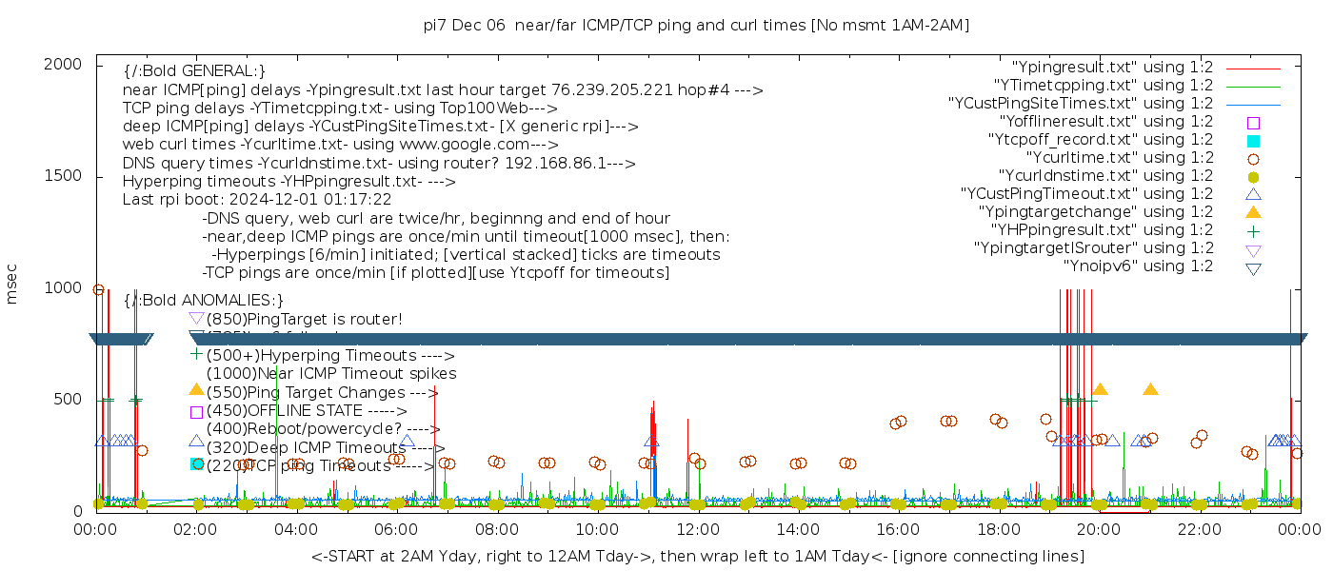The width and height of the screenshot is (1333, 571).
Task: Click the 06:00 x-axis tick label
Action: [x=396, y=528]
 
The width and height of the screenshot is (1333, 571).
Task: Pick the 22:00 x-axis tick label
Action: [x=1199, y=528]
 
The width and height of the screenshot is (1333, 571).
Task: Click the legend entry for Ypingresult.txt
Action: [x=1111, y=68]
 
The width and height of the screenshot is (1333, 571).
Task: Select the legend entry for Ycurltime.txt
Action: [x=1119, y=158]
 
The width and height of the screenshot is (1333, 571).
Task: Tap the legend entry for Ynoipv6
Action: [x=1138, y=266]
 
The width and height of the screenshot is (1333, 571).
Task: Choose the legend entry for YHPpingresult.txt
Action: [x=1102, y=230]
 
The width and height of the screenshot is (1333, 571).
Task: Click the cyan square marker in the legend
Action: [x=1253, y=141]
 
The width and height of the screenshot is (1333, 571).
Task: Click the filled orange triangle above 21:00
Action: [x=1150, y=389]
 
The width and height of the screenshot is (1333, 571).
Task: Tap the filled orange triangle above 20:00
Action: [x=1100, y=389]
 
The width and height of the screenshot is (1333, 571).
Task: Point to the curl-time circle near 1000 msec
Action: [x=98, y=290]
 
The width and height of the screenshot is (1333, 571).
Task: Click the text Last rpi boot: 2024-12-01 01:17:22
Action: [x=257, y=200]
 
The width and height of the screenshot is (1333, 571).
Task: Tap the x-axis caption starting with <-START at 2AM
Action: [x=697, y=556]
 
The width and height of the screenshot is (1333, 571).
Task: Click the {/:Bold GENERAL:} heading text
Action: [x=194, y=71]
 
